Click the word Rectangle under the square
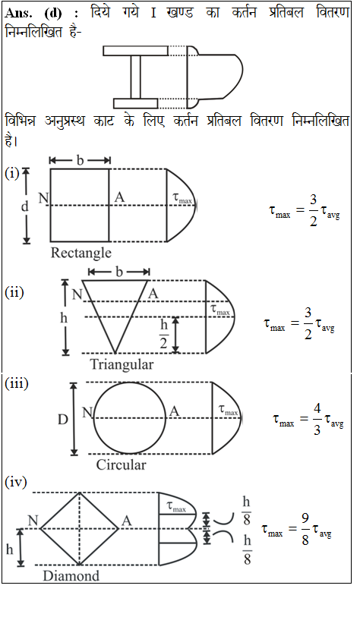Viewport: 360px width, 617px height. point(81,253)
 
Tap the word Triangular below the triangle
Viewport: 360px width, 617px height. point(122,364)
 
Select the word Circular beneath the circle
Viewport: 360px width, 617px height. point(122,464)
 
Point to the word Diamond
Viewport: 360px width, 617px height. point(71,576)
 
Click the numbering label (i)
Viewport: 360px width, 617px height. point(12,173)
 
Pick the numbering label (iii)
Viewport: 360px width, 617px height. point(17,383)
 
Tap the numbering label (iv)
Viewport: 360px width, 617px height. point(16,482)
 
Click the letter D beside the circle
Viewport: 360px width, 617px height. point(63,420)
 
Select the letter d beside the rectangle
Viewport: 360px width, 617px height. point(25,206)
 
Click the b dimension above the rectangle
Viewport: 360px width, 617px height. point(80,160)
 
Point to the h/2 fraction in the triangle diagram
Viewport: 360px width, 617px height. point(164,334)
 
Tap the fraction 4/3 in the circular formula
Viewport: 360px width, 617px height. point(317,419)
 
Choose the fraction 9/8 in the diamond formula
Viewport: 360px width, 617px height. point(305,529)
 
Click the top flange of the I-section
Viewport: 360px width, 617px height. point(135,51)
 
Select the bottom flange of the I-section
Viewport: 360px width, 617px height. point(135,103)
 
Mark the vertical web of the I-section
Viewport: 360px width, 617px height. point(135,77)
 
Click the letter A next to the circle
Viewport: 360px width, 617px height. point(174,411)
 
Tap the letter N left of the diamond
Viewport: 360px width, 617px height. point(33,521)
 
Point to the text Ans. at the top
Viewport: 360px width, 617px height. point(19,14)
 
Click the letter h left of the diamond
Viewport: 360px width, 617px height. point(9,549)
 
